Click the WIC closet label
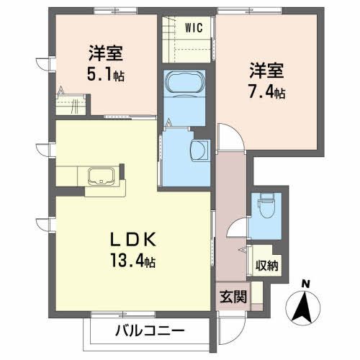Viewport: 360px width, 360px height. pos(194,28)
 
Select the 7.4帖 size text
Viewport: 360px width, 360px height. pos(267,91)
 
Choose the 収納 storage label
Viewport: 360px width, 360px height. pos(266,264)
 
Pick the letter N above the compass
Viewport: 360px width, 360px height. pos(306,283)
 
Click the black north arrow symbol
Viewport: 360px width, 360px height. pos(305,308)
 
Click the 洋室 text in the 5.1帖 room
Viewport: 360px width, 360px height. pos(105,53)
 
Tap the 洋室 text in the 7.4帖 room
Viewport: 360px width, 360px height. pos(266,71)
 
